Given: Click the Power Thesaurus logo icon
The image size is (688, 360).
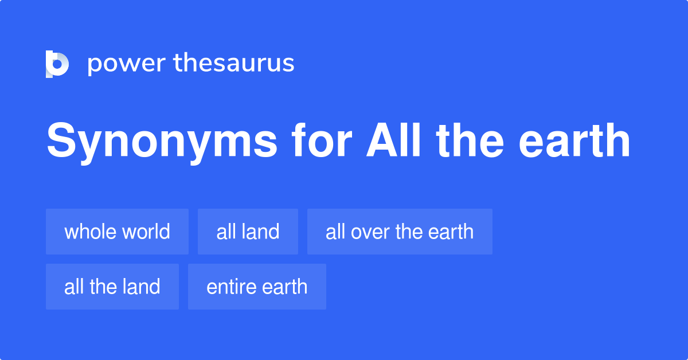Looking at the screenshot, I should (x=57, y=64).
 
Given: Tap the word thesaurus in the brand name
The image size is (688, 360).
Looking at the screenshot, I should (x=234, y=63).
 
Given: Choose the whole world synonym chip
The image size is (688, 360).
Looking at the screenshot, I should (x=117, y=232).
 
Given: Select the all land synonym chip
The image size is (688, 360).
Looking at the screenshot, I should (x=248, y=232).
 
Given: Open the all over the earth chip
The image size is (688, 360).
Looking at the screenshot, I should (x=400, y=232).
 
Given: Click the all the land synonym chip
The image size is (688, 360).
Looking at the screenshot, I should (x=112, y=287).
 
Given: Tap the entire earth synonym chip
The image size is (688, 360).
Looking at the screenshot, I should (x=257, y=287).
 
